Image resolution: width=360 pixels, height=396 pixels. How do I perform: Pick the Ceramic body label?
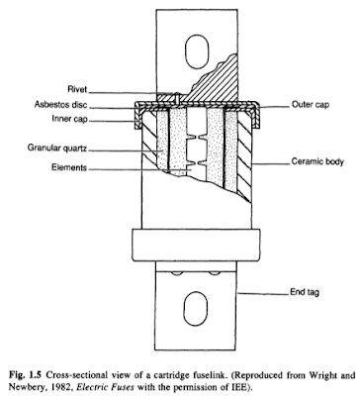(x=317, y=160)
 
